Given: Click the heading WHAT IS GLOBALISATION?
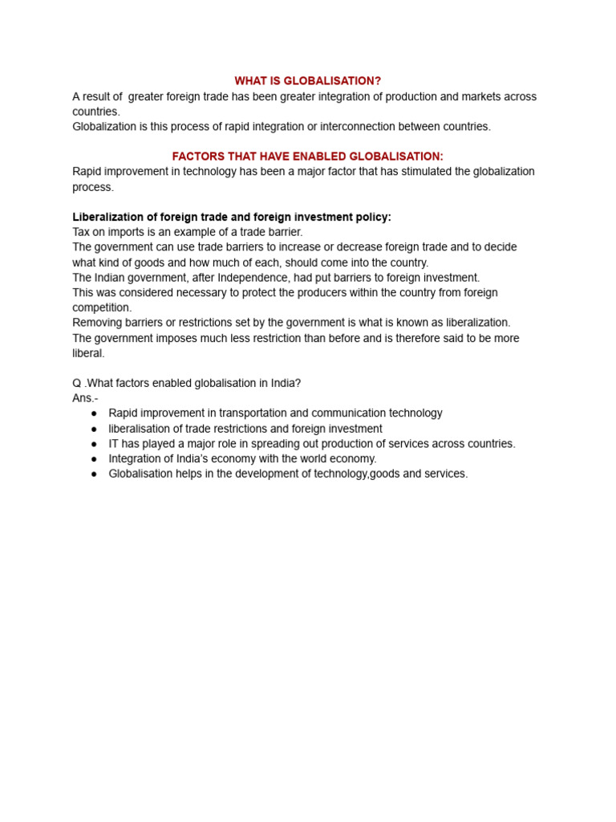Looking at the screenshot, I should [x=307, y=81].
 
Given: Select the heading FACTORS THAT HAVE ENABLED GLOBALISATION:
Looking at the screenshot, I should [x=307, y=157].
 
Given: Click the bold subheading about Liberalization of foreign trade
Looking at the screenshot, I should [x=232, y=217].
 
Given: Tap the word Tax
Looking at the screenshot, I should [x=82, y=232].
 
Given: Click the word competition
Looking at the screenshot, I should [x=100, y=307].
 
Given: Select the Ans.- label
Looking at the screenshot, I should [x=85, y=398].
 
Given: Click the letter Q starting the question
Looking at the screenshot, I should [x=77, y=383].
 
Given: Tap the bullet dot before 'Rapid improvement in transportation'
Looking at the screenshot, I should [x=94, y=413].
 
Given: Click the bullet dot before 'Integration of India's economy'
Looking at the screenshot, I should [x=94, y=459].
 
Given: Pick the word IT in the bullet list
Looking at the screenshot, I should [x=115, y=444].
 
